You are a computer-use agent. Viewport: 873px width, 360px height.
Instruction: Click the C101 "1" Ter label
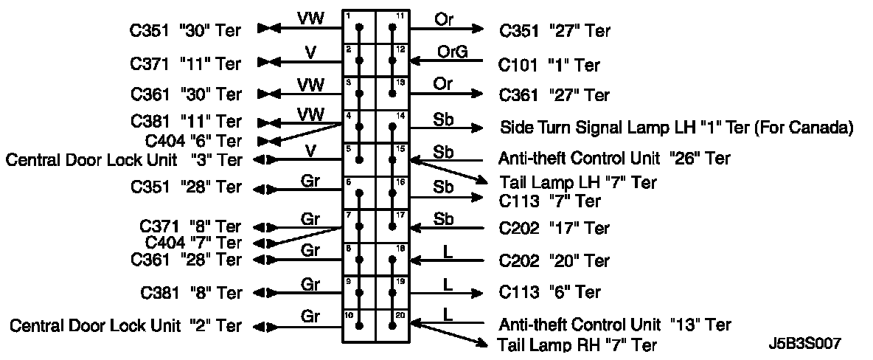click(549, 66)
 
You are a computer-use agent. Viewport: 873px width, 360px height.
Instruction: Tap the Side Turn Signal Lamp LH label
click(676, 128)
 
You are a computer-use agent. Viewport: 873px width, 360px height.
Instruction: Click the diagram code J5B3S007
click(804, 343)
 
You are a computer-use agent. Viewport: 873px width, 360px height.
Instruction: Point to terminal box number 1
click(360, 27)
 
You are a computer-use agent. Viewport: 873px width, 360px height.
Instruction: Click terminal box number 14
click(392, 126)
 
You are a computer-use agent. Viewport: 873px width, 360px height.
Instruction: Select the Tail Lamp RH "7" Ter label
click(577, 345)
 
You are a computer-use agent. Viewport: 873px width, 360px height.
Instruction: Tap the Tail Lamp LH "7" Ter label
click(577, 181)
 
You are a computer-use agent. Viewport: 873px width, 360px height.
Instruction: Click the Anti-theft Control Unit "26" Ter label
click(614, 159)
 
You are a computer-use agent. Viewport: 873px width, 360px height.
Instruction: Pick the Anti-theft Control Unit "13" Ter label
click(614, 325)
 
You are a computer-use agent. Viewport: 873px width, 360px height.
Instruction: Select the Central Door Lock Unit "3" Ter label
click(124, 159)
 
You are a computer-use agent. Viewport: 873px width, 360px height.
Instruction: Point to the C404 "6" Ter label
click(193, 140)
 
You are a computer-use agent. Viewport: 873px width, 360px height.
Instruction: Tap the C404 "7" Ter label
click(193, 242)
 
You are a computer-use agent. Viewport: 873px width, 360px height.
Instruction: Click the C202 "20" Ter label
click(554, 260)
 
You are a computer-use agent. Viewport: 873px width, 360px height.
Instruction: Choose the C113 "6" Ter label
click(550, 292)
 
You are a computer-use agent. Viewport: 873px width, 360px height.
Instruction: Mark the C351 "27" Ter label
click(554, 31)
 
